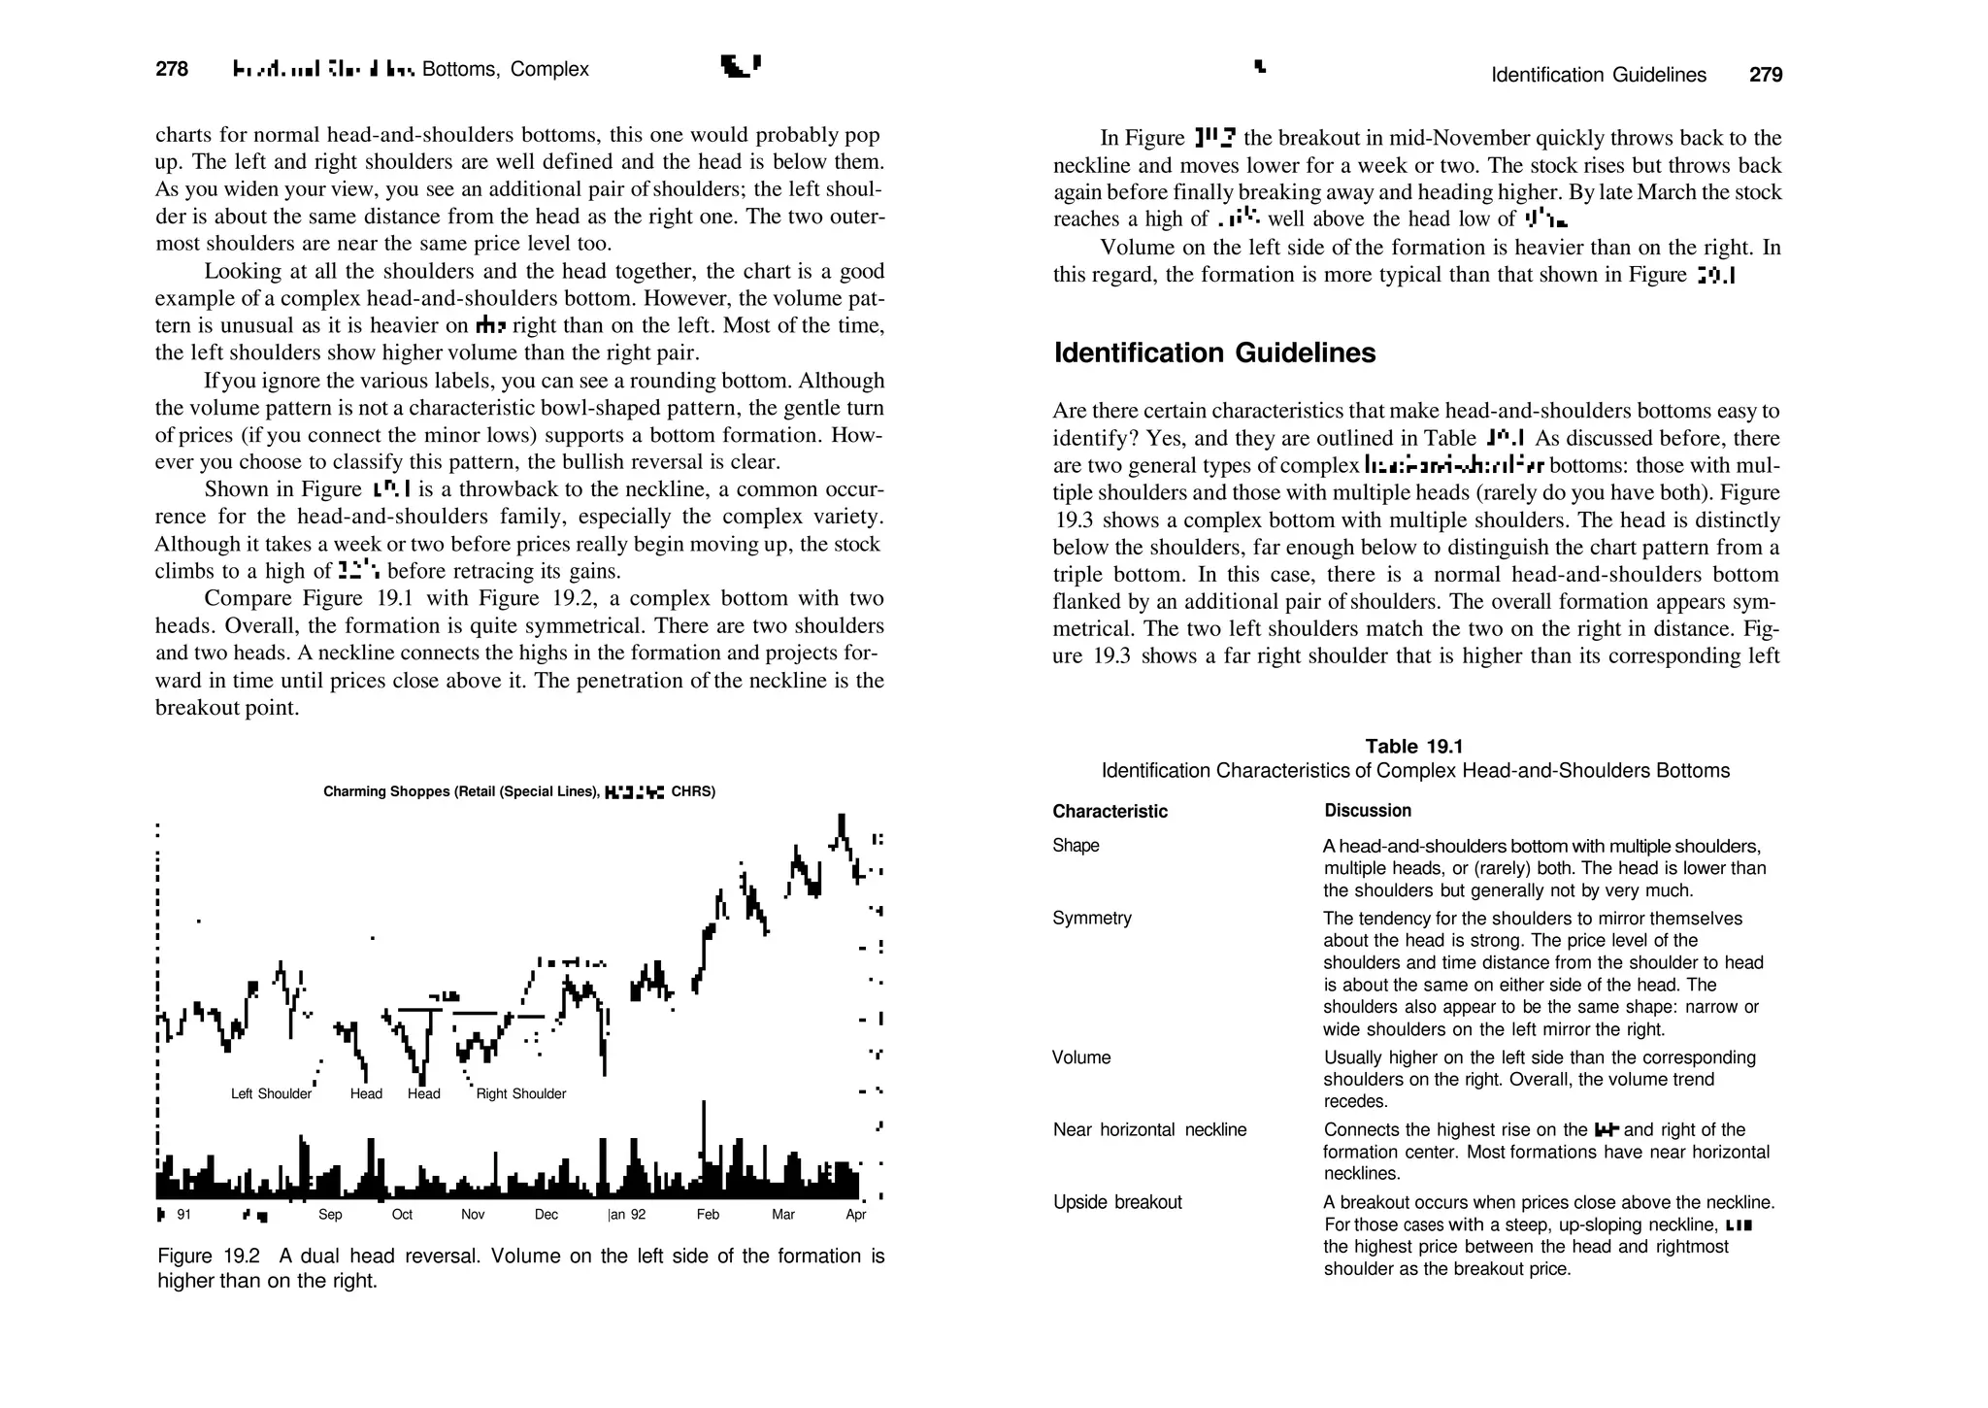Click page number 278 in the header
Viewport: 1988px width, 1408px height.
point(172,69)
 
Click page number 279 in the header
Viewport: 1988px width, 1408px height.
point(1766,75)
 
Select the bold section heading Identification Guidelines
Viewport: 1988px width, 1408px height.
point(1214,352)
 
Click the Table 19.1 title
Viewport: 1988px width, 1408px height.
point(1414,746)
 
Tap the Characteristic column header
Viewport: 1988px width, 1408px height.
point(1110,811)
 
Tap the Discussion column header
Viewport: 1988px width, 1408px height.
point(1368,810)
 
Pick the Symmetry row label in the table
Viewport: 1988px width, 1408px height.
point(1092,918)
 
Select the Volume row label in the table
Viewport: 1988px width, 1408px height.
point(1081,1057)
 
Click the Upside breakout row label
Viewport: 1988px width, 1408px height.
point(1117,1202)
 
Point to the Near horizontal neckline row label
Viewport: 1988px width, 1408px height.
point(1149,1129)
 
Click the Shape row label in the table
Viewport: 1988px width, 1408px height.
point(1076,845)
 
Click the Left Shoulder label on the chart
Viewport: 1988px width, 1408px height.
point(271,1093)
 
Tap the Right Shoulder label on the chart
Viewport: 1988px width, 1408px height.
point(521,1093)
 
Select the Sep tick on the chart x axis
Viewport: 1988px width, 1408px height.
point(330,1215)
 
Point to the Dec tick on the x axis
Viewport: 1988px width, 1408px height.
point(547,1215)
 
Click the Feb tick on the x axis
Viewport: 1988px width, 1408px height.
point(708,1215)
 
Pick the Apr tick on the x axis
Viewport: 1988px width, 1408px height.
point(855,1215)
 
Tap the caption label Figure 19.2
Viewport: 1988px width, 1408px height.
point(208,1256)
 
